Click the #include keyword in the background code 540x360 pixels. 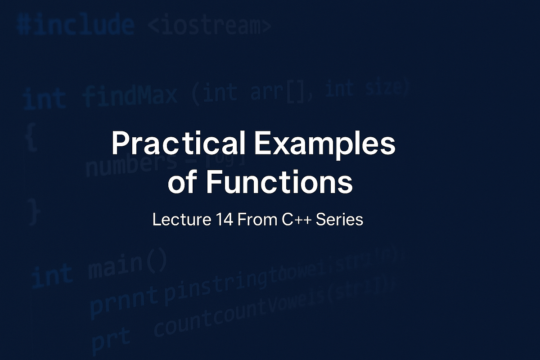(76, 26)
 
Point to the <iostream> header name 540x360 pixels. (209, 27)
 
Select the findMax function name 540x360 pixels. (130, 96)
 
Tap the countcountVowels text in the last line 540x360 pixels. (274, 306)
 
